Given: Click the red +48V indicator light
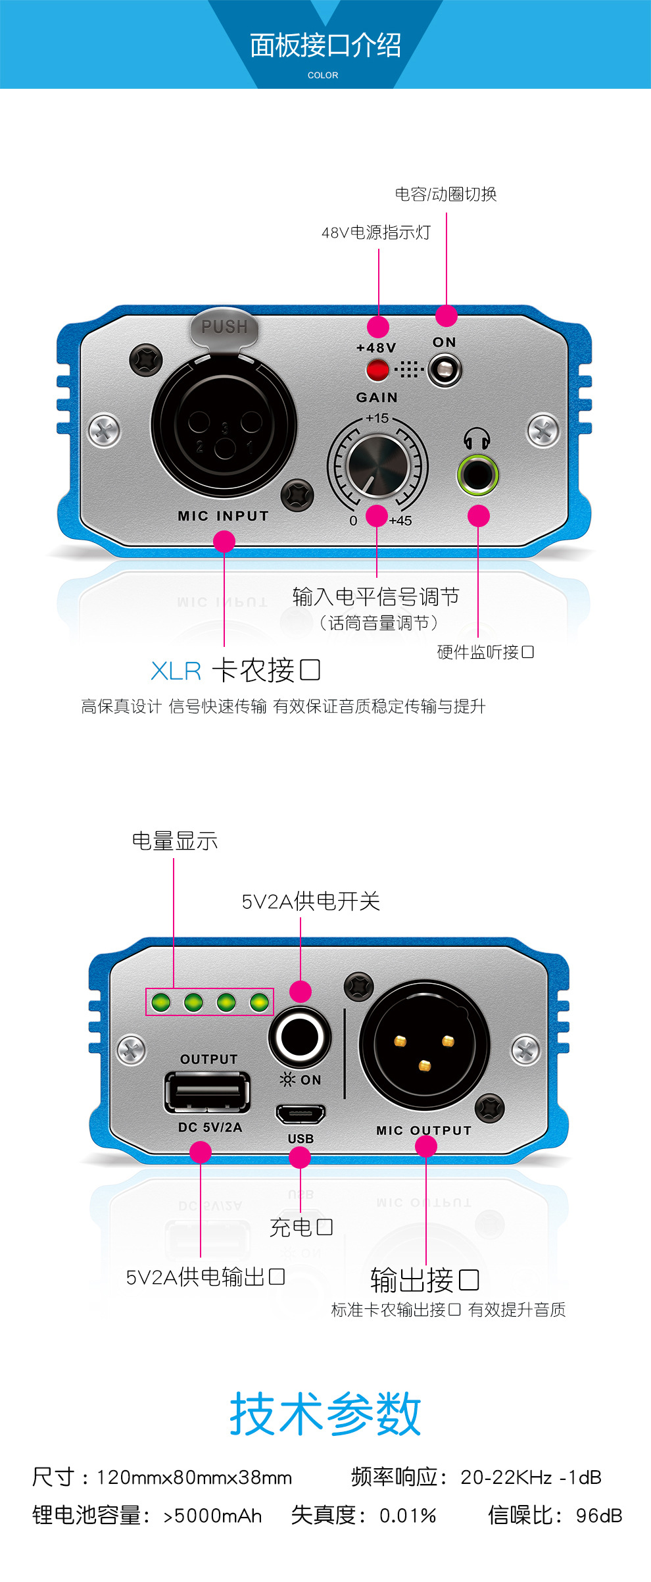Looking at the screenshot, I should click(377, 370).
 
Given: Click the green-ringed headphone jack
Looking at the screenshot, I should click(477, 474).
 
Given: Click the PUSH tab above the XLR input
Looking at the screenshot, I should click(224, 327).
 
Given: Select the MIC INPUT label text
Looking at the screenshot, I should click(223, 517).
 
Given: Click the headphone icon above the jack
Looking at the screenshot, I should click(477, 438).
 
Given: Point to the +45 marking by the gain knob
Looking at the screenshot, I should click(400, 521).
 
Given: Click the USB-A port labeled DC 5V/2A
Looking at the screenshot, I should click(208, 1092).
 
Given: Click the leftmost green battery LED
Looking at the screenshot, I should click(160, 1002).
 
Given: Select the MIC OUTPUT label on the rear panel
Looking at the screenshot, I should click(423, 1131).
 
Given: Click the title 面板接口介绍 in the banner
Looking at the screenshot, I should click(325, 45).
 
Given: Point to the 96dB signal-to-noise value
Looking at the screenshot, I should click(598, 1515).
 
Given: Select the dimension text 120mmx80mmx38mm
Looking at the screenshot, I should click(194, 1477).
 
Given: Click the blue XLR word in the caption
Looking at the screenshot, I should click(176, 671).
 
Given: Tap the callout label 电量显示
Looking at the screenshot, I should click(174, 841).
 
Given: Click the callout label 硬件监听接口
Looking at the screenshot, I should click(485, 652).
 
